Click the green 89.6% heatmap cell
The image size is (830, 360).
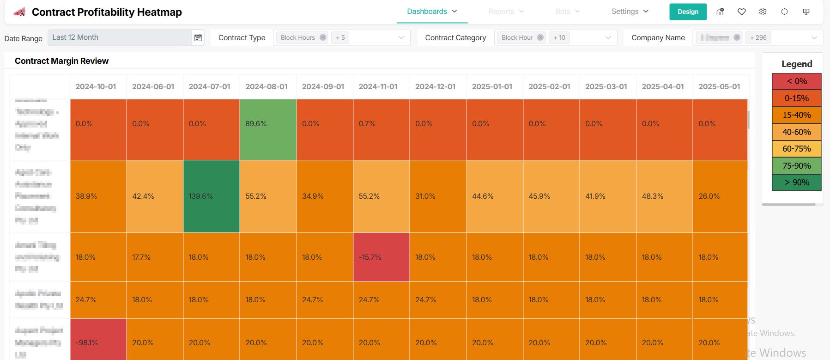pos(268,129)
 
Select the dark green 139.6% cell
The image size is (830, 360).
pos(211,196)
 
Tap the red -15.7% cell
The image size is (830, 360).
pos(381,257)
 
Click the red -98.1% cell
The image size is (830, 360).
pos(98,340)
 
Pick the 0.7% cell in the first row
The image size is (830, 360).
pos(381,129)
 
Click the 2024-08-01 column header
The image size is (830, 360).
pos(267,86)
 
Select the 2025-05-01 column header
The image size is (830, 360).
pos(719,86)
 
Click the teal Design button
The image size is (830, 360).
pos(688,12)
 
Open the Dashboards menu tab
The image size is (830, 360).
pos(431,12)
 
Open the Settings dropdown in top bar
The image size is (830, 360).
pos(630,12)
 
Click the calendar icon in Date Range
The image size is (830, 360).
pos(198,37)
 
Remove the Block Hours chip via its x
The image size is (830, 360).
pos(323,37)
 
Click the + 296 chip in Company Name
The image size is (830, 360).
pos(758,37)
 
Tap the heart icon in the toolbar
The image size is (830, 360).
pos(741,12)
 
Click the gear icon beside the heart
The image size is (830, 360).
pos(763,12)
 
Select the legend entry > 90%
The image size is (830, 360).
pos(796,183)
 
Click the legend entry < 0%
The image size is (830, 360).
pos(796,81)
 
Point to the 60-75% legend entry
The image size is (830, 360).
pos(796,149)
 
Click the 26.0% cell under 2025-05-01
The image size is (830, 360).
pos(720,196)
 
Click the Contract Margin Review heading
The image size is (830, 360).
pos(61,61)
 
